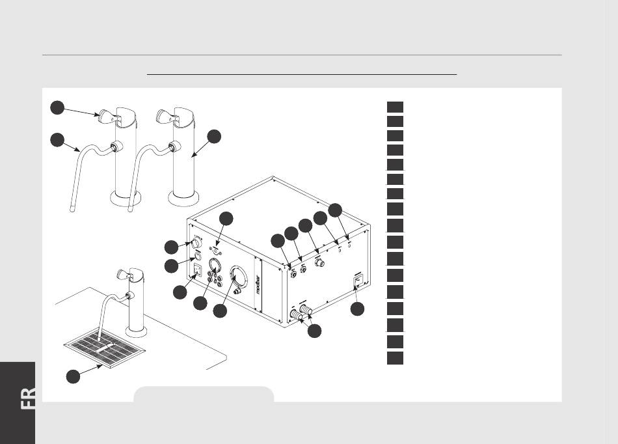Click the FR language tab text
coord(28,398)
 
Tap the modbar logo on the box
coord(258,284)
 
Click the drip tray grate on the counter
coord(105,347)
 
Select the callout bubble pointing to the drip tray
coord(73,376)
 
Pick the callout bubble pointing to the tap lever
coord(57,107)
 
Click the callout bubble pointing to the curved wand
coord(57,139)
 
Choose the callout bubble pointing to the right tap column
coord(214,137)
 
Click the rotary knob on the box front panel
coord(196,243)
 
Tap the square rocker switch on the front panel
coord(196,270)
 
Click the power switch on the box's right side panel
coord(358,281)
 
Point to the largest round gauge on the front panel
coord(239,277)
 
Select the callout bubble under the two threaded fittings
coord(314,331)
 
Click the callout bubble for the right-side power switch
coord(358,309)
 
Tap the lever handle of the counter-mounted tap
coord(123,273)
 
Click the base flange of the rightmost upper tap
coord(183,199)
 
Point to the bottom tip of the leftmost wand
coord(72,210)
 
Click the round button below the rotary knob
coord(198,258)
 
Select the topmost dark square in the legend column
coord(395,107)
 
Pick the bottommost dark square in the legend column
coord(395,359)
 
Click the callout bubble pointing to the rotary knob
coord(171,247)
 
